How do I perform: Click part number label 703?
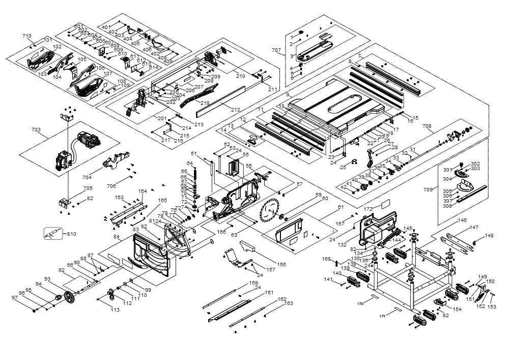[36, 130]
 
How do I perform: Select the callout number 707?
[276, 50]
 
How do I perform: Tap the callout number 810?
[71, 234]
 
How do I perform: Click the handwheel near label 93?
[68, 298]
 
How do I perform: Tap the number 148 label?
[489, 235]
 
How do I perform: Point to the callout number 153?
[492, 307]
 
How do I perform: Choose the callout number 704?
[87, 177]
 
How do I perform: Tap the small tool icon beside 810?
[52, 234]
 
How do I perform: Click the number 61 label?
[341, 207]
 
